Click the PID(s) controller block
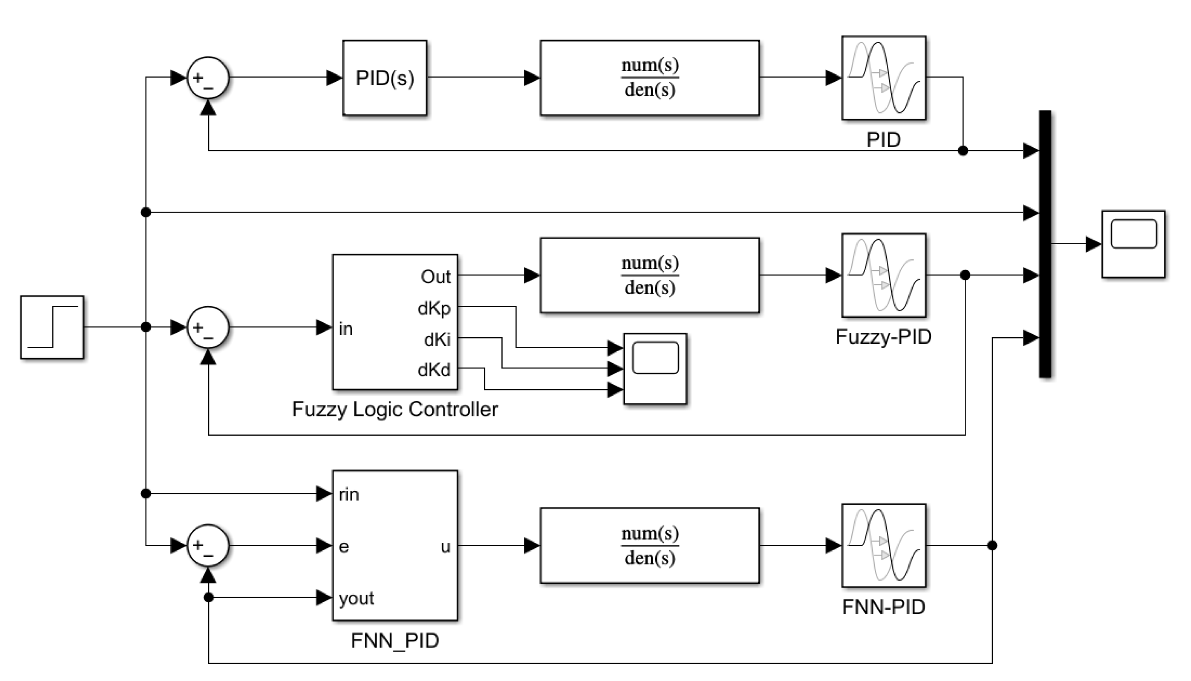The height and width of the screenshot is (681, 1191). pos(385,78)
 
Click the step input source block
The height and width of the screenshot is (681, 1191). pos(52,327)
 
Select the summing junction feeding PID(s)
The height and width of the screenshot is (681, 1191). pos(208,78)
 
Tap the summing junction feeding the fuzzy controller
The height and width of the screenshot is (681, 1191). pos(208,327)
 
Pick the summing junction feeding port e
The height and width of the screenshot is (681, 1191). pos(208,546)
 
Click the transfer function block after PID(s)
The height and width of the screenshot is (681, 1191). pos(649,78)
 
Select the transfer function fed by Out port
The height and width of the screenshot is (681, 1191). pos(649,275)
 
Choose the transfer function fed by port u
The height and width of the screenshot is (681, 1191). pos(649,546)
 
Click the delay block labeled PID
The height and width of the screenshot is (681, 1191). pos(883,78)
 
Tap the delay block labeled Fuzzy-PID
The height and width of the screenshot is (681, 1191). pos(883,275)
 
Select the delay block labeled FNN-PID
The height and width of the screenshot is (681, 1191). pos(883,546)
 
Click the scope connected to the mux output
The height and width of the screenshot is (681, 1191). pos(1133,244)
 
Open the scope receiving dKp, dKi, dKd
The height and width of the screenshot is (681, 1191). pos(655,368)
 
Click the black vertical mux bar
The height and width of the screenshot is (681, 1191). pos(1045,244)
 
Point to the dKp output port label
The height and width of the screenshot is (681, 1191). pos(434,309)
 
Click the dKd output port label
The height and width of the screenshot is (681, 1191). pos(434,370)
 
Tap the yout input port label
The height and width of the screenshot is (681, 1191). pos(357,598)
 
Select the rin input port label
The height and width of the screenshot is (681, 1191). pos(349,494)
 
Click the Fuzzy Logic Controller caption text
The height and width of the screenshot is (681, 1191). pos(395,410)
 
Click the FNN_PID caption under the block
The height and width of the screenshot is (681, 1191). pos(395,641)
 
